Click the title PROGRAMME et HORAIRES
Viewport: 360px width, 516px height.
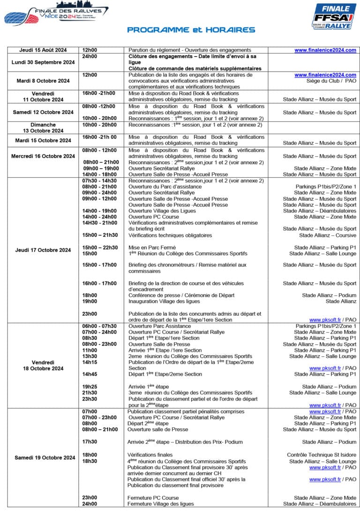pyautogui.click(x=191, y=30)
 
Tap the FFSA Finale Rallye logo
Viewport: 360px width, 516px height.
pyautogui.click(x=333, y=17)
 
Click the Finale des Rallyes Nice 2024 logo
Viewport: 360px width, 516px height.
pyautogui.click(x=56, y=15)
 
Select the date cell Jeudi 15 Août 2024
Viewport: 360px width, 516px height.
pyautogui.click(x=43, y=50)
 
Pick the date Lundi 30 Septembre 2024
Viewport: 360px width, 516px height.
pyautogui.click(x=43, y=62)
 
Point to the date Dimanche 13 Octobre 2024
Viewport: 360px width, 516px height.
pyautogui.click(x=43, y=128)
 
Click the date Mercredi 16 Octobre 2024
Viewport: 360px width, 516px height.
pyautogui.click(x=43, y=156)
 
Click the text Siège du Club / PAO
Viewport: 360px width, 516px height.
pyautogui.click(x=333, y=81)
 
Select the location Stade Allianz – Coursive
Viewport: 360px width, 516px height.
pyautogui.click(x=328, y=235)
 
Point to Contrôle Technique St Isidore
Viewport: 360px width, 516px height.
pyautogui.click(x=322, y=455)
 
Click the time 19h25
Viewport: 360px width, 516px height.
pyautogui.click(x=90, y=387)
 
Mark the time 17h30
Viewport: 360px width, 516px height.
pyautogui.click(x=90, y=442)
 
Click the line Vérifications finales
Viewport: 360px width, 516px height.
pyautogui.click(x=150, y=455)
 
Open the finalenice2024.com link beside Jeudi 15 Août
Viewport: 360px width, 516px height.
pyautogui.click(x=325, y=50)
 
